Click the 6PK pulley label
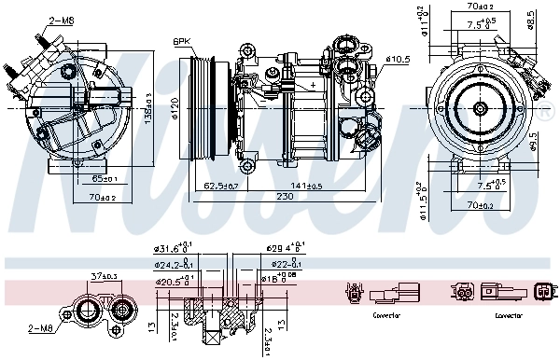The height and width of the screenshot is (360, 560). [181, 41]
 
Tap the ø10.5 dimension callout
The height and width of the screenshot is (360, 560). [399, 60]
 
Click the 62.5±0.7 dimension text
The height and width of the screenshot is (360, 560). [219, 186]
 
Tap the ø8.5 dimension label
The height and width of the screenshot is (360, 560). [531, 18]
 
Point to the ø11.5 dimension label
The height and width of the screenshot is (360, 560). [420, 199]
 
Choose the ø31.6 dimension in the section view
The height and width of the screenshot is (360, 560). [172, 250]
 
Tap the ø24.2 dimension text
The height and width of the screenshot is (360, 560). [172, 264]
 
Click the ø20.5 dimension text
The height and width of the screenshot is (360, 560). [172, 279]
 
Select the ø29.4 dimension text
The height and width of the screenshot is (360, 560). [283, 250]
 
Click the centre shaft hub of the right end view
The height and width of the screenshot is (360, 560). [479, 110]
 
